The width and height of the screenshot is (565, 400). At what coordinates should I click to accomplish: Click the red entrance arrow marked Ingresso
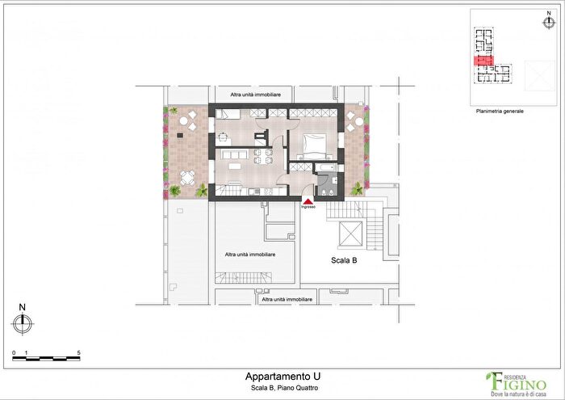click(308, 200)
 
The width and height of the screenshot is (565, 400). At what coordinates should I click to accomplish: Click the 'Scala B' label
click(345, 261)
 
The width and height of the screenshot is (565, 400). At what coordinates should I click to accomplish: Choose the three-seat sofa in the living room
click(231, 153)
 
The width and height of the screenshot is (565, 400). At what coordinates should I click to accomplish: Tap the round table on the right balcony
click(354, 122)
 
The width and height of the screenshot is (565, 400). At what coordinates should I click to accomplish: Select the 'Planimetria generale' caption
click(500, 111)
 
